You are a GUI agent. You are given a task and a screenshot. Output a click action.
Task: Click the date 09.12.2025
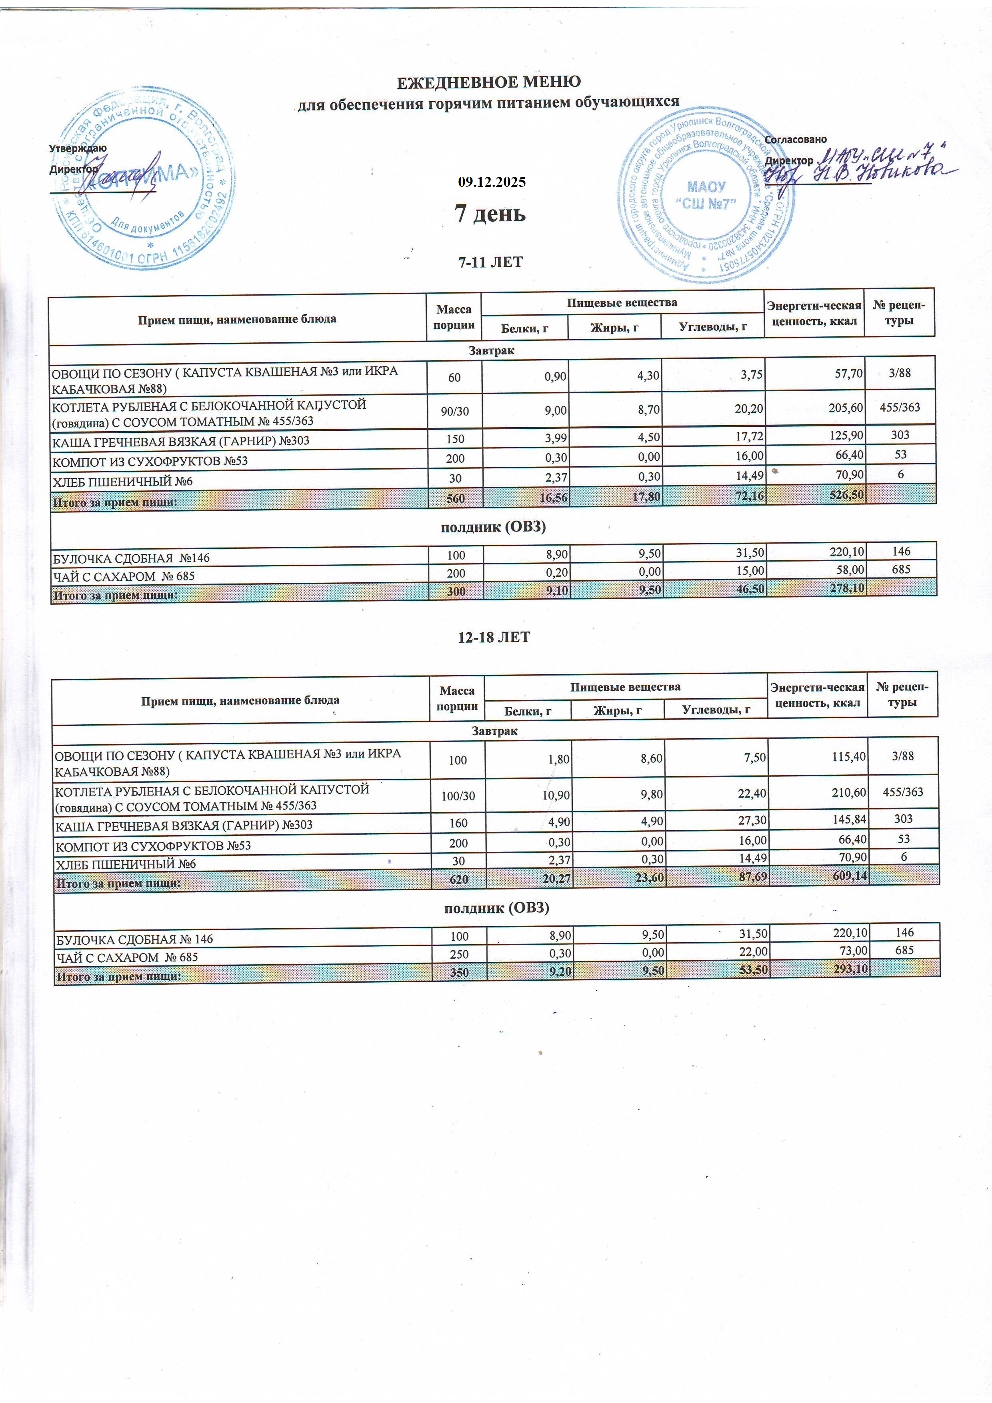tap(492, 182)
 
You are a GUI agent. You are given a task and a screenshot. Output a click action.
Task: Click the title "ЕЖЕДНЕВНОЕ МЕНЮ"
tap(489, 82)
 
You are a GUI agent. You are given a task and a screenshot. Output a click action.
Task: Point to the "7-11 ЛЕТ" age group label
tap(490, 262)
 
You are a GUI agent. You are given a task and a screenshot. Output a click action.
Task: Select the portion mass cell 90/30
tap(454, 411)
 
